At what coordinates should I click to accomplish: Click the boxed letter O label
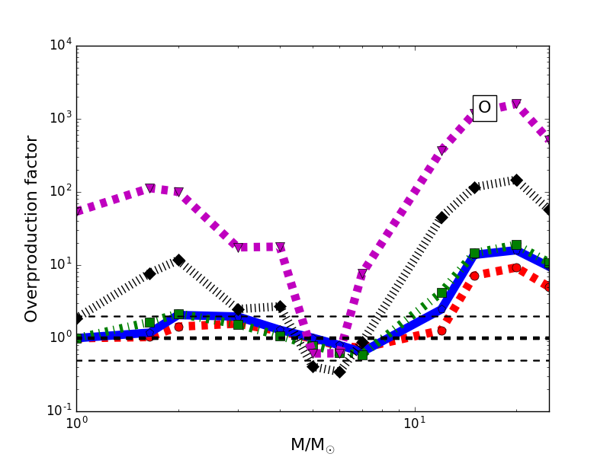(x=484, y=108)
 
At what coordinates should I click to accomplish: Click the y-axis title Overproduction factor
(x=31, y=228)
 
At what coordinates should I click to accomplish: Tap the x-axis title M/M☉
(x=313, y=445)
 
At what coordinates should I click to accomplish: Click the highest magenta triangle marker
(x=516, y=104)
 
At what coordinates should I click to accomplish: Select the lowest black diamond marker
(x=339, y=372)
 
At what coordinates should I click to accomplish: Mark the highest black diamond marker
(x=516, y=181)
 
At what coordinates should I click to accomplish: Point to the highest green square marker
(x=516, y=245)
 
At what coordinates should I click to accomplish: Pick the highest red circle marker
(x=516, y=267)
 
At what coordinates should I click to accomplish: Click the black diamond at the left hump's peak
(x=178, y=260)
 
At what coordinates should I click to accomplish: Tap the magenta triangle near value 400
(x=441, y=150)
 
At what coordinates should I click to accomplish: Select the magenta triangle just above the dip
(x=361, y=274)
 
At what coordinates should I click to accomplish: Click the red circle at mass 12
(x=441, y=331)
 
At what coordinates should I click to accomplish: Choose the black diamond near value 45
(x=441, y=218)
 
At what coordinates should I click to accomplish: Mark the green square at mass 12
(x=441, y=292)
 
